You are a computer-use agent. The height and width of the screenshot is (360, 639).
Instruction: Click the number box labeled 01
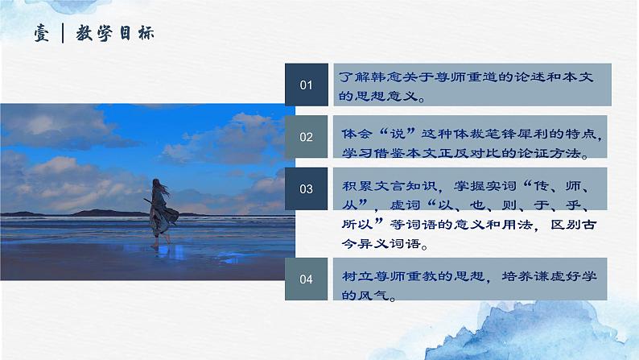(x=306, y=85)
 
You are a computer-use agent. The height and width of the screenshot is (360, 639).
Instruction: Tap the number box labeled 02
(x=306, y=137)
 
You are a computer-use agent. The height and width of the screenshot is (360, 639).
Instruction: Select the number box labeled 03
(x=306, y=189)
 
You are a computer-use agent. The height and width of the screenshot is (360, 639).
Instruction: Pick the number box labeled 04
(x=306, y=279)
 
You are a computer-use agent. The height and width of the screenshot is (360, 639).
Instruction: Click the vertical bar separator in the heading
(x=63, y=34)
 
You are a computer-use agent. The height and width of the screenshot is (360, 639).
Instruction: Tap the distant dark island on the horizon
(x=97, y=213)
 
